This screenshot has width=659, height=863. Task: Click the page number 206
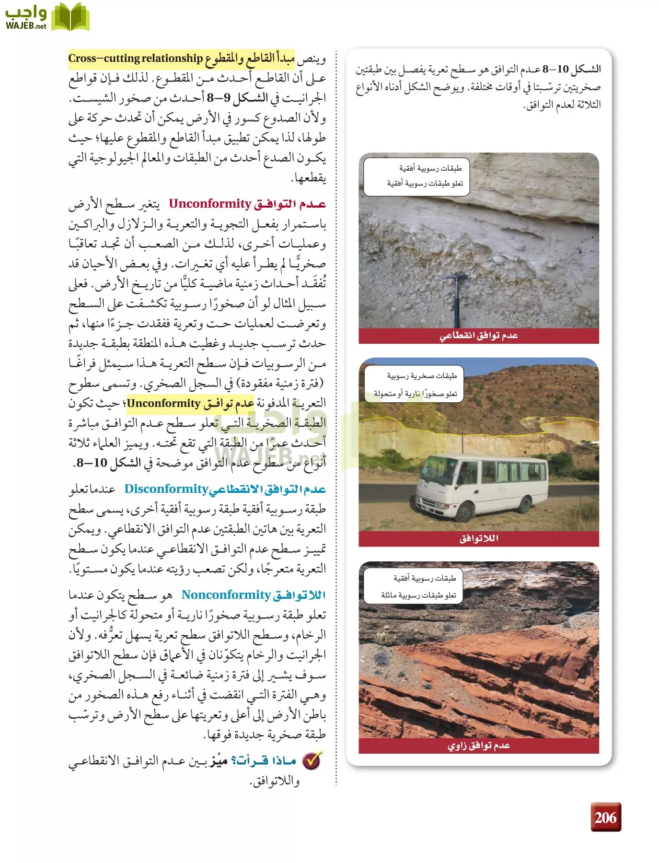coord(605,817)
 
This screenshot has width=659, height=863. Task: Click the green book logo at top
coord(70,17)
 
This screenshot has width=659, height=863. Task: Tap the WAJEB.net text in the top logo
coord(26,26)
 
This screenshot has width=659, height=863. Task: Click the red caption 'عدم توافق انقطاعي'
coord(478,336)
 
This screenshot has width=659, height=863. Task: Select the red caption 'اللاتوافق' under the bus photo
coord(478,538)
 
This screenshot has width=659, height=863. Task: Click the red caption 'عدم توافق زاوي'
coord(478,746)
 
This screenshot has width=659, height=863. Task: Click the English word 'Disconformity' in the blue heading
coord(166,489)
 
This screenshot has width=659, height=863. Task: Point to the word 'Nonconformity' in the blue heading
coord(226,595)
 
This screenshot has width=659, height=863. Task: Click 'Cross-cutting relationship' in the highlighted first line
coord(135,58)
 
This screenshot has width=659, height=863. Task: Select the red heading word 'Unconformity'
coord(210,204)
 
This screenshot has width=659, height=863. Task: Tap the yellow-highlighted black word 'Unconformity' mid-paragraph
coord(163,403)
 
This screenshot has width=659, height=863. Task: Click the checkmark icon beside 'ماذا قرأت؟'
coord(312,760)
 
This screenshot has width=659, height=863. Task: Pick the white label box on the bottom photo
coord(414,586)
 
